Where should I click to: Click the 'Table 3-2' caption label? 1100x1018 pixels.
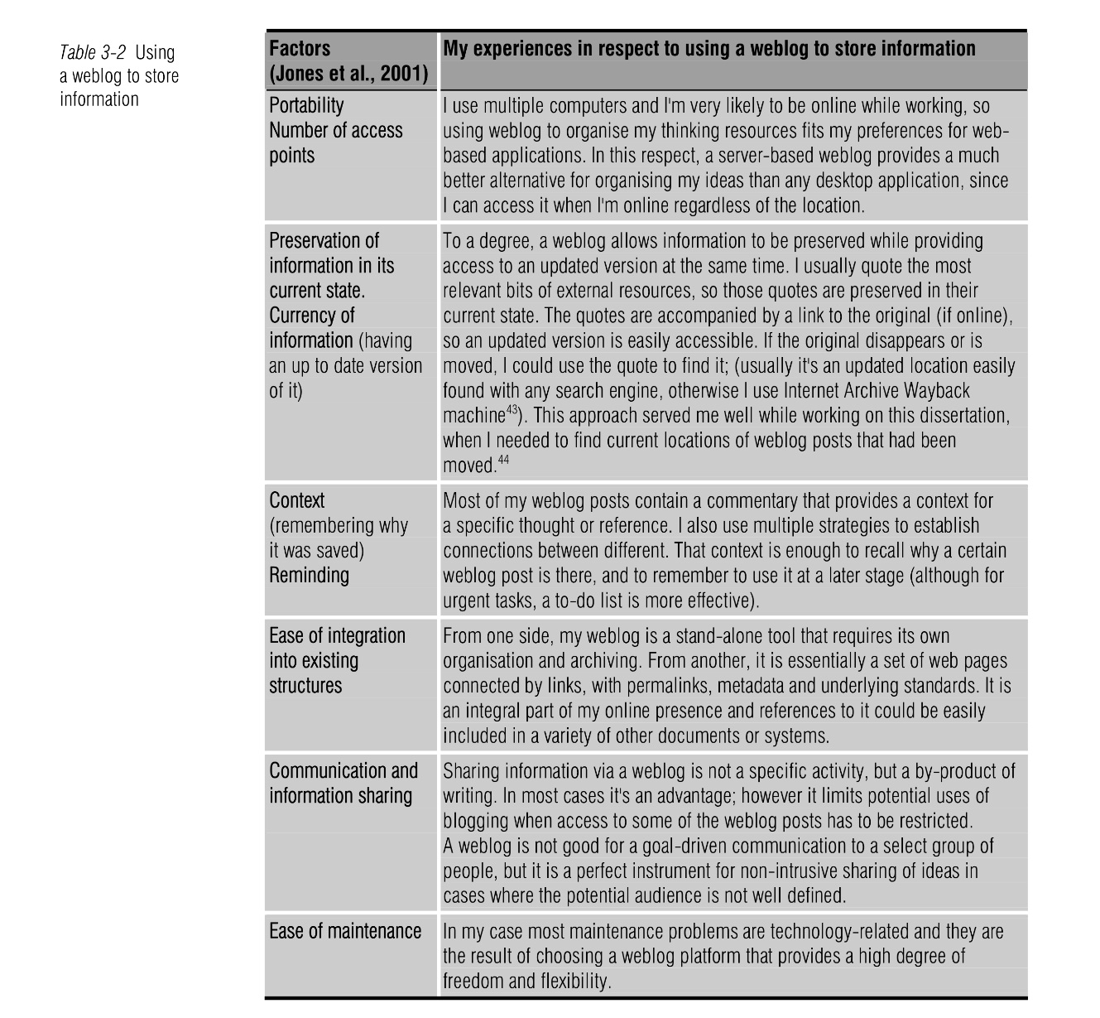(x=92, y=53)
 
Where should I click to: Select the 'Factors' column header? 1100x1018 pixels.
(x=300, y=49)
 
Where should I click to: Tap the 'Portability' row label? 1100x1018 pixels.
(x=306, y=105)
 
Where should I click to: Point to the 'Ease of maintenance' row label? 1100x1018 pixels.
(x=345, y=931)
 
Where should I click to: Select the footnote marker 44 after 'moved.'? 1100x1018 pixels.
(x=502, y=460)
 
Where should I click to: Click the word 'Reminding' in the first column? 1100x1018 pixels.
(x=309, y=575)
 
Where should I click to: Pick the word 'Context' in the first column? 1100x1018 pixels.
(x=297, y=500)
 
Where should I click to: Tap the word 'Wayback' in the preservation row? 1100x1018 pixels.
(x=937, y=390)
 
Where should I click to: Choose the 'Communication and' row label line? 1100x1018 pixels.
(x=343, y=770)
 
